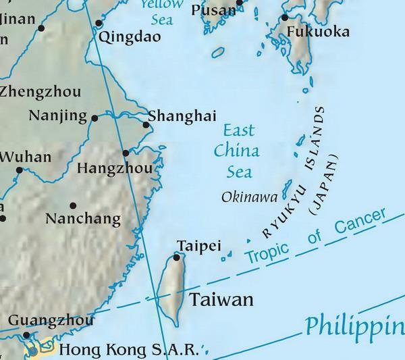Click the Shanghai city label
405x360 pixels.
coord(182,116)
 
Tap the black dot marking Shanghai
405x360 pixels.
coord(146,124)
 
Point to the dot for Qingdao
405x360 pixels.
coord(100,23)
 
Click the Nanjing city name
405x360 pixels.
coord(58,115)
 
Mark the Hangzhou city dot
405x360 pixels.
coord(126,153)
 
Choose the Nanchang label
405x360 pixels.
coord(83,219)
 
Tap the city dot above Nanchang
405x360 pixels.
coord(73,205)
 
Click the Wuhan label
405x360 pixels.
coord(26,157)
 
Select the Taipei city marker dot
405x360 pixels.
coord(177,257)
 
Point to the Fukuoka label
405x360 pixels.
coord(318,32)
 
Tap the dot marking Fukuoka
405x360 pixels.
coord(285,18)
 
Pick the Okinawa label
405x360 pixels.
coord(249,197)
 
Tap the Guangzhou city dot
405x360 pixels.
coord(26,334)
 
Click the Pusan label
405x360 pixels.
coord(213,9)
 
